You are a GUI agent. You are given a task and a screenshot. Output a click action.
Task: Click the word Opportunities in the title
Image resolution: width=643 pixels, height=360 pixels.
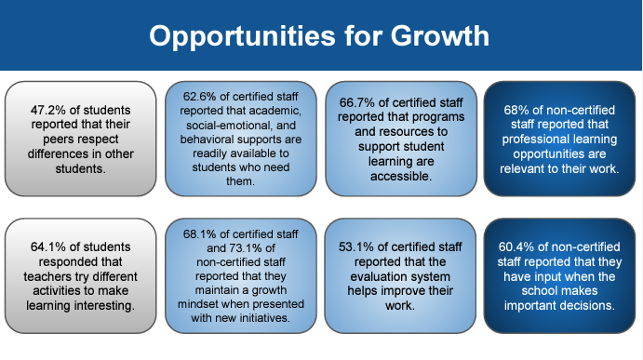pos(242,36)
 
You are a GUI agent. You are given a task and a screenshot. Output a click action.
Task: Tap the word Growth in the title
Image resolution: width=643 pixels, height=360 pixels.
pos(440,35)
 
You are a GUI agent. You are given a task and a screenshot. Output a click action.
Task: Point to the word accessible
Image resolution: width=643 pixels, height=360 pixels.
pos(401,177)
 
